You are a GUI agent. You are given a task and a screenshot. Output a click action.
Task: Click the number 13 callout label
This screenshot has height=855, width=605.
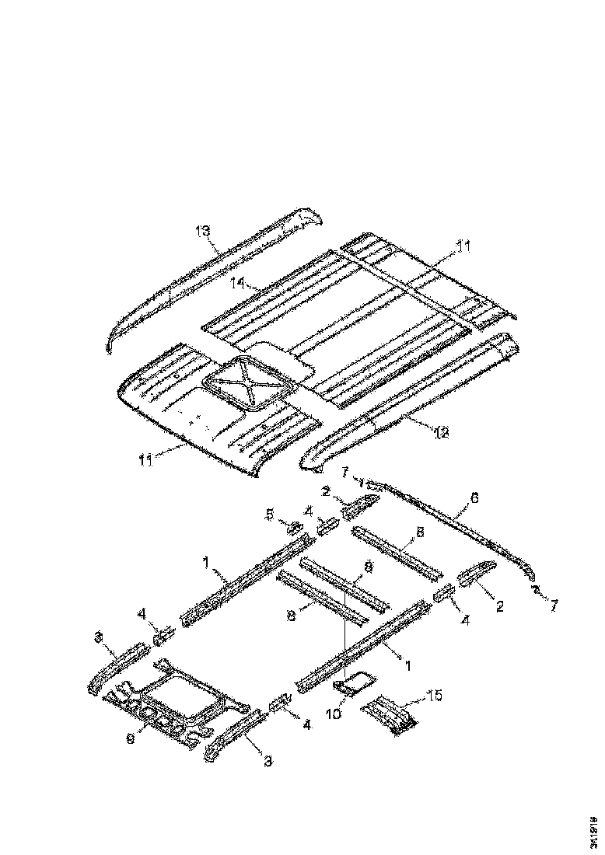pos(203,231)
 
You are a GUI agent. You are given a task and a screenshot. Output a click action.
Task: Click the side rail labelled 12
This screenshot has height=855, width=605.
pos(412,400)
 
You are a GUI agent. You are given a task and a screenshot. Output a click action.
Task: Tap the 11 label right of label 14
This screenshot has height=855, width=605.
pos(463,246)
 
